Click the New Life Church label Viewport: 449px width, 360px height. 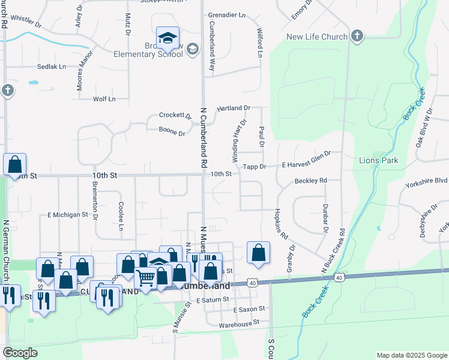point(317,37)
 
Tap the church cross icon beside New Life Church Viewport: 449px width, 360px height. point(357,36)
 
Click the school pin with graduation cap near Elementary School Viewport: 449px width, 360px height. point(167,40)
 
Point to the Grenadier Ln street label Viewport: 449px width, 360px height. point(227,14)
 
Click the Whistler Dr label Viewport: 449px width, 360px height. point(26,26)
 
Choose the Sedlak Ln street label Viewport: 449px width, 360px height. point(51,67)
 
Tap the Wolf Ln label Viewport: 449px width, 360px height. point(103,99)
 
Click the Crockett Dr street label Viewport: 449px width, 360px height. point(175,115)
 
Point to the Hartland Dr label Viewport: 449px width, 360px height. point(233,108)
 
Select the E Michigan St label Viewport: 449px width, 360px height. point(67,214)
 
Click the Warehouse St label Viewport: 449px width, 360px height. point(238,322)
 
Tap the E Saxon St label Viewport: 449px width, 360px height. point(249,308)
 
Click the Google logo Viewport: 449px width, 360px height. point(20,353)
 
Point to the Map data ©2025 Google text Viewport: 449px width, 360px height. point(411,355)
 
